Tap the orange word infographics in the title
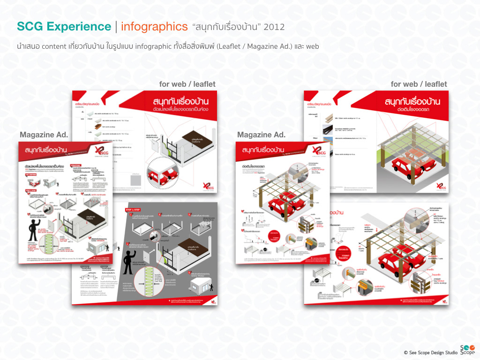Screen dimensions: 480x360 click(x=151, y=27)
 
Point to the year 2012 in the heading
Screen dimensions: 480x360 click(x=274, y=27)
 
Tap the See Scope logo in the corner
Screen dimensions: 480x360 click(x=467, y=349)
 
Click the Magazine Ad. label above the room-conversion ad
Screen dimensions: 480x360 click(x=44, y=135)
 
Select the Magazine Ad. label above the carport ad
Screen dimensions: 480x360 click(x=261, y=135)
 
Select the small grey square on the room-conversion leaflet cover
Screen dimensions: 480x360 click(x=135, y=180)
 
